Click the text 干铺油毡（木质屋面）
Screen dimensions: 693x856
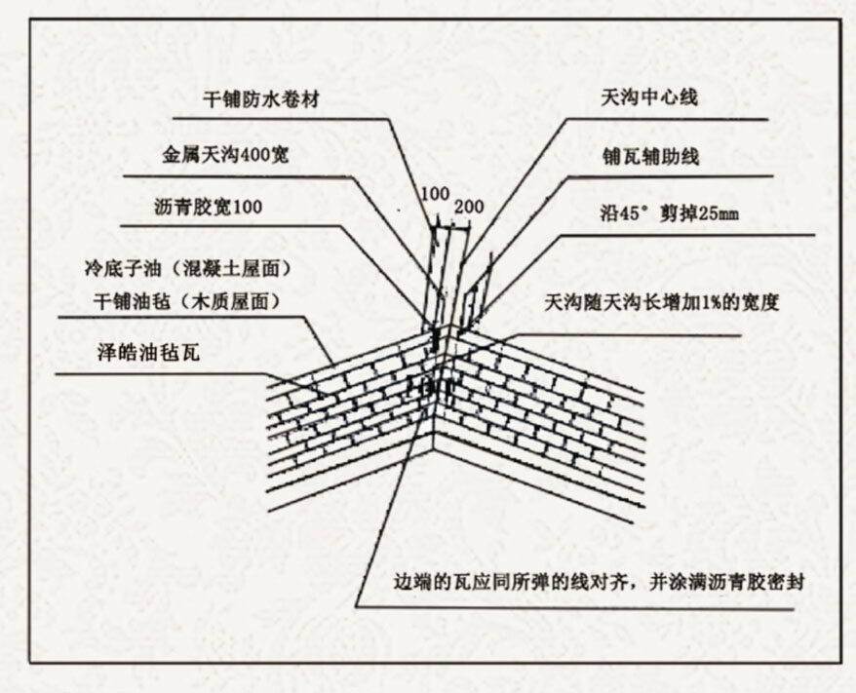point(186,301)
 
